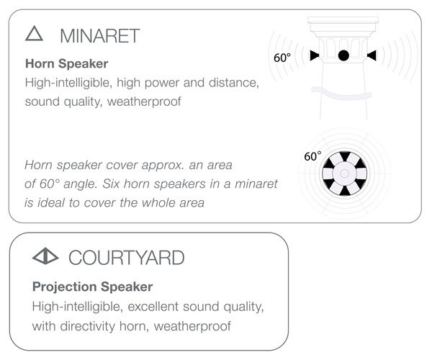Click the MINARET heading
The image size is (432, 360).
(x=100, y=36)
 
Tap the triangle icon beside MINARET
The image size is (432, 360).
(x=34, y=34)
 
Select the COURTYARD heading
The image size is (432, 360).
(x=127, y=258)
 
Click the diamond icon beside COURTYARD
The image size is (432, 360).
(x=45, y=256)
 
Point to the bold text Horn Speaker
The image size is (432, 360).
(x=67, y=63)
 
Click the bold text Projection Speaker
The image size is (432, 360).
(x=93, y=287)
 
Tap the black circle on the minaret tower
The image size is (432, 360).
(x=343, y=55)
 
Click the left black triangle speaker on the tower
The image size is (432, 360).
(x=315, y=55)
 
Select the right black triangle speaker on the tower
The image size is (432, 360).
(x=372, y=55)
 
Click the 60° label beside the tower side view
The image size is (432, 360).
(x=282, y=58)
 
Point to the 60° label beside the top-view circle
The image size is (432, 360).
(x=312, y=156)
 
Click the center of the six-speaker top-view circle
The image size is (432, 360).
(x=344, y=174)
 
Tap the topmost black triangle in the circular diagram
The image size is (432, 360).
(x=345, y=156)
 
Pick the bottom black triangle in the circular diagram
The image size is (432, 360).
(x=344, y=191)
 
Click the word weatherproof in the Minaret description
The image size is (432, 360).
(x=144, y=102)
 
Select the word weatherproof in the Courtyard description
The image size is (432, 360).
(x=192, y=326)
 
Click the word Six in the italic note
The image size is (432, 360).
(x=111, y=184)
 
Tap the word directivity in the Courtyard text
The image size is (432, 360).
(x=87, y=326)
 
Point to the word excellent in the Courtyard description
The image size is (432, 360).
(x=153, y=306)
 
